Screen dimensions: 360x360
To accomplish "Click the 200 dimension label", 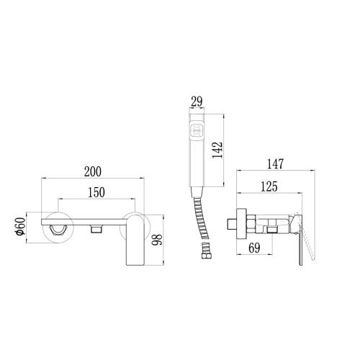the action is [93, 172].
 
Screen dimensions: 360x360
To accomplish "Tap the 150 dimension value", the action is [96, 192].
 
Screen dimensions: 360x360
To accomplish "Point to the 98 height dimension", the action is [158, 240].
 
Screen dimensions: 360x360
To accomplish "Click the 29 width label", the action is [197, 102].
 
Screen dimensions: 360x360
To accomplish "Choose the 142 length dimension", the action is [217, 150].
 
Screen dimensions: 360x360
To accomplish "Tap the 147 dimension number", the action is [275, 164].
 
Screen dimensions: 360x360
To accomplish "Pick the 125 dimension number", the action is [269, 186].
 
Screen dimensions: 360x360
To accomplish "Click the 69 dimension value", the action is [254, 248].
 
